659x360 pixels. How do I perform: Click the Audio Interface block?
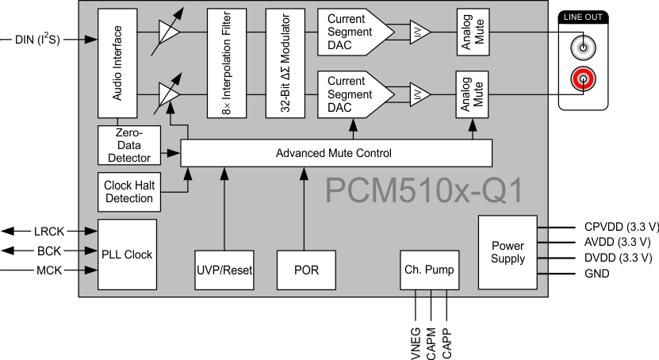117,63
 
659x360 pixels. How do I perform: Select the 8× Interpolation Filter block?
228,63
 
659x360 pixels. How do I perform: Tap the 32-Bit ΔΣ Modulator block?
286,63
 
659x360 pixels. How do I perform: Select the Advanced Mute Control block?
336,153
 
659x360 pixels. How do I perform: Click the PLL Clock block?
127,255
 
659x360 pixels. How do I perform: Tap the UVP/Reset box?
224,270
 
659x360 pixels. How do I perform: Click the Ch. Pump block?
430,270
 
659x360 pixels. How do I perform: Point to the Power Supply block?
508,252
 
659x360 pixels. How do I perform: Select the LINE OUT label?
585,17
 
